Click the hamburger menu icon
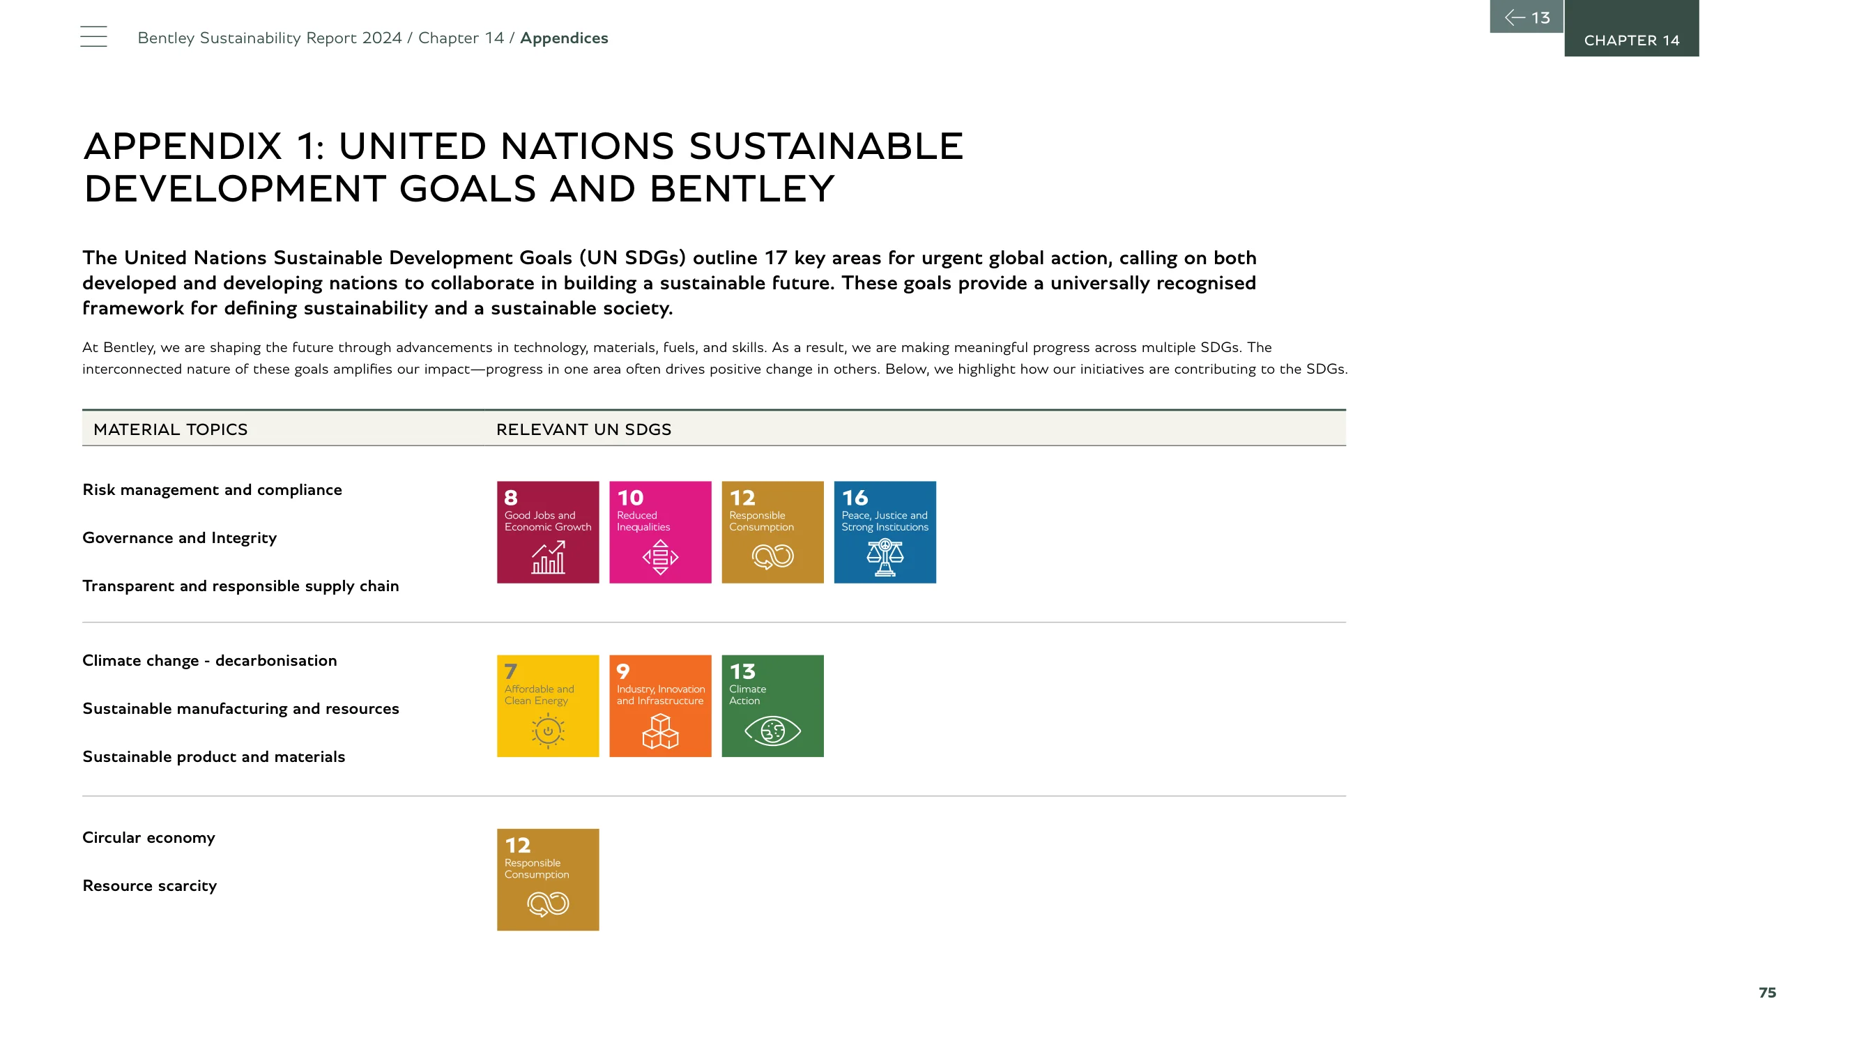click(93, 36)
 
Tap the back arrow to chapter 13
click(1527, 17)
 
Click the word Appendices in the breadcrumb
click(564, 38)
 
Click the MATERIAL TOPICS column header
click(170, 429)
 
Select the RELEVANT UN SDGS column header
click(584, 429)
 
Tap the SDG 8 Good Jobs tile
click(548, 532)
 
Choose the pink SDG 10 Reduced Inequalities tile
click(660, 532)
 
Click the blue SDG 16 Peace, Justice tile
click(885, 532)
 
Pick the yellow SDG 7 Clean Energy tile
click(548, 705)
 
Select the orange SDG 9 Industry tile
click(660, 705)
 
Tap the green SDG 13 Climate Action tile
click(772, 705)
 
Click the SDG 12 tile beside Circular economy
click(548, 880)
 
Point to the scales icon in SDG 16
click(885, 557)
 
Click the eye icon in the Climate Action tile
click(772, 731)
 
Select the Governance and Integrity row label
click(179, 538)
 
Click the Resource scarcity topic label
click(149, 885)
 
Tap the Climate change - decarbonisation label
click(209, 660)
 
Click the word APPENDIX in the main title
click(183, 146)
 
